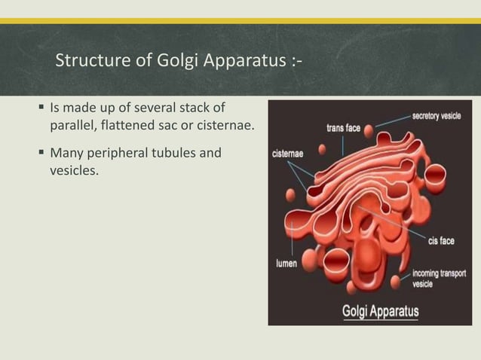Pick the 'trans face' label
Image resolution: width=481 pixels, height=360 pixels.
344,128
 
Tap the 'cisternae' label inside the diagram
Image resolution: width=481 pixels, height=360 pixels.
287,153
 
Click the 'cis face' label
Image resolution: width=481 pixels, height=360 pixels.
440,241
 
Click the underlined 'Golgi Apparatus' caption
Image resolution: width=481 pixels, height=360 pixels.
381,310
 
